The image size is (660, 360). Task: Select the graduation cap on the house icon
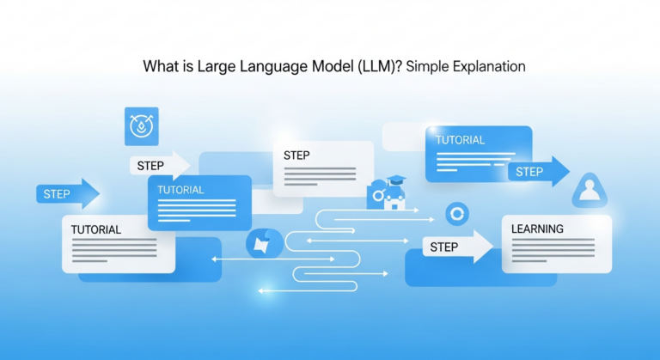(396, 180)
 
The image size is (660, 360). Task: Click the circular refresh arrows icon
(456, 215)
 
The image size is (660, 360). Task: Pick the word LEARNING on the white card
(537, 229)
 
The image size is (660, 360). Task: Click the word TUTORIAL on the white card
(96, 230)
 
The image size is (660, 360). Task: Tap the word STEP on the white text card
(296, 156)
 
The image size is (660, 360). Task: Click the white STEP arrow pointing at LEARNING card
(456, 247)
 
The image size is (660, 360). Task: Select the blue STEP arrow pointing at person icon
(538, 172)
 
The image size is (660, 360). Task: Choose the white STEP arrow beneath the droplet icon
(160, 165)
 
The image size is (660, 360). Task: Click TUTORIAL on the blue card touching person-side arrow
(460, 140)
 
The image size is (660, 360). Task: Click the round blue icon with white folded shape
(260, 244)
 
